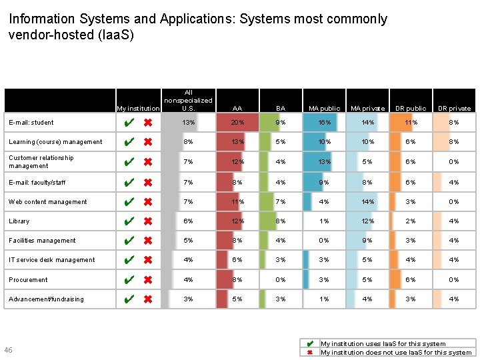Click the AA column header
[237, 108]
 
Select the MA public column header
[324, 108]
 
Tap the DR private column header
[454, 108]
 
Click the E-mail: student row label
[31, 123]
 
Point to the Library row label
[19, 221]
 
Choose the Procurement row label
[28, 280]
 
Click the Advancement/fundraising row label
[46, 299]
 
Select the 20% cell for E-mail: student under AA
[237, 123]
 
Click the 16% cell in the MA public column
[324, 123]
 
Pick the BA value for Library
[281, 221]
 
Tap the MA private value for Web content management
[367, 202]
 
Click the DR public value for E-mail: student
[411, 123]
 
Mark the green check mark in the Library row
[131, 221]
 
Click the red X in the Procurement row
[148, 280]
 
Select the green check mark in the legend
[310, 344]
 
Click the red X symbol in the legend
[310, 352]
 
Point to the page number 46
[8, 350]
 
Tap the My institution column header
[138, 108]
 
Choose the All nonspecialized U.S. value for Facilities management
[189, 241]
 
